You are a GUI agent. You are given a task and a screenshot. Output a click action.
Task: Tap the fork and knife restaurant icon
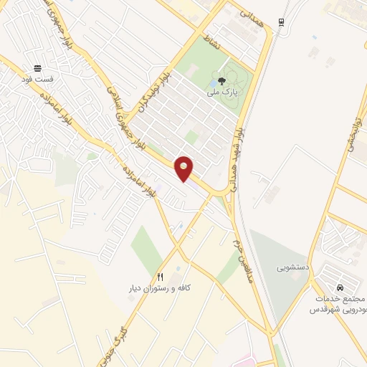pos(160,276)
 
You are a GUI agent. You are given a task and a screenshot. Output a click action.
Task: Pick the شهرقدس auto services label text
pos(337,304)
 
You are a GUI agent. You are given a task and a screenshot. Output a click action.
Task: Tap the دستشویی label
pos(292,267)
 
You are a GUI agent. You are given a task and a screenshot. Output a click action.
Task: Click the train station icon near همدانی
pos(282,22)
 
